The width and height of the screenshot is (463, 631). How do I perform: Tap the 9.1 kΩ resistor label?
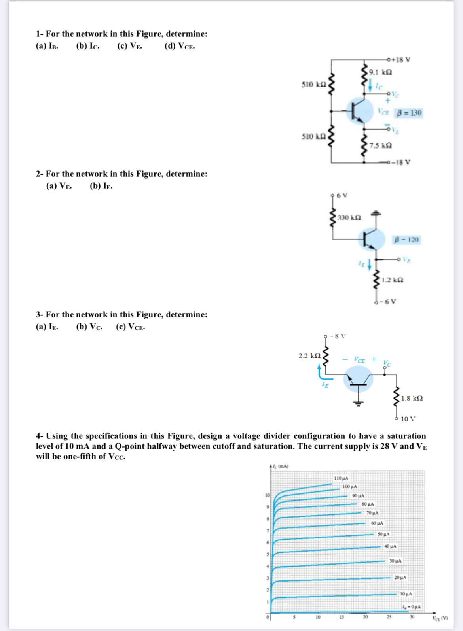tap(380, 72)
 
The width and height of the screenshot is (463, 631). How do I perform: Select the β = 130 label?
tap(410, 113)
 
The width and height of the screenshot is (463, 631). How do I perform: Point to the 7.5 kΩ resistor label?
tap(380, 145)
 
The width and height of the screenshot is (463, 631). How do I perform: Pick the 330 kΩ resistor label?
tap(349, 218)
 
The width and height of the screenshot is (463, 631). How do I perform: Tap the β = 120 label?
tap(407, 240)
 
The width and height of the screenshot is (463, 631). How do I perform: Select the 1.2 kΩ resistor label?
tap(393, 280)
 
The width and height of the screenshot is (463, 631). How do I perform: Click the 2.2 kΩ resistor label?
tap(309, 356)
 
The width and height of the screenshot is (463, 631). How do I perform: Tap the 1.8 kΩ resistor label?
tap(412, 398)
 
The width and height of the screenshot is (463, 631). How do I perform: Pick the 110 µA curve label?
tap(341, 478)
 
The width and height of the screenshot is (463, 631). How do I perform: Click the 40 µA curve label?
tap(390, 546)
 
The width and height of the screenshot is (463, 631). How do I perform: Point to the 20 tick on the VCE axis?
tap(365, 617)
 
